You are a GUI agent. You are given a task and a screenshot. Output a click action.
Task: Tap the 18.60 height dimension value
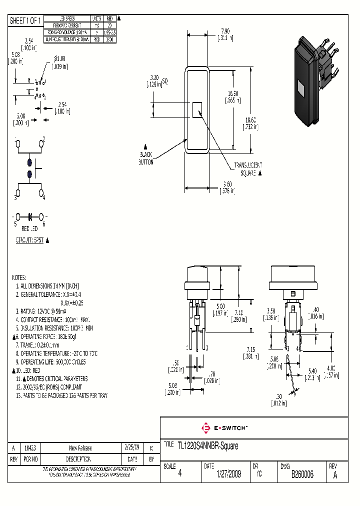(250, 120)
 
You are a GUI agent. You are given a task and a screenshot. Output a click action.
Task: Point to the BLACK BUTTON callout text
(145, 158)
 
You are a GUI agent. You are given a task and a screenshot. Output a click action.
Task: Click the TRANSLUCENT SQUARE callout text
(247, 168)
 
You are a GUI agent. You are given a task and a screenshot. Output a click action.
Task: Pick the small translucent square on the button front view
(197, 109)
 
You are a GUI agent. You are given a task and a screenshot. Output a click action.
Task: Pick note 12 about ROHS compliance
(49, 387)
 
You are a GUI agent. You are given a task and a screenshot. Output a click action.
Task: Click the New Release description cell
(80, 448)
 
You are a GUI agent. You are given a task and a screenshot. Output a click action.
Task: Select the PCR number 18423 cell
(30, 448)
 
